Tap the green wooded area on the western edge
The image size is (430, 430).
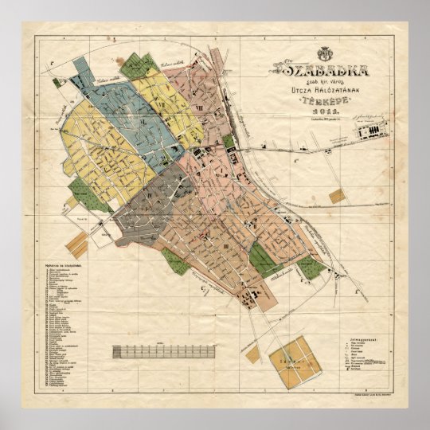(80, 191)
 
